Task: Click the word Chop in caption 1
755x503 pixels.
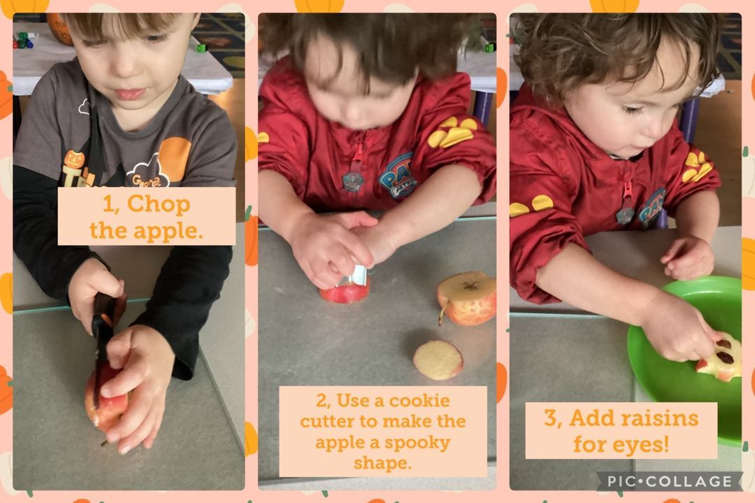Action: point(159,204)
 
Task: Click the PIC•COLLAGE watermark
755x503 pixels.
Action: point(669,481)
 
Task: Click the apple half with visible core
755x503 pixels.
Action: point(466,298)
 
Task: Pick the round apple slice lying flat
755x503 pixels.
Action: point(438,360)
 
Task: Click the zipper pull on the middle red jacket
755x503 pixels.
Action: point(357,152)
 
